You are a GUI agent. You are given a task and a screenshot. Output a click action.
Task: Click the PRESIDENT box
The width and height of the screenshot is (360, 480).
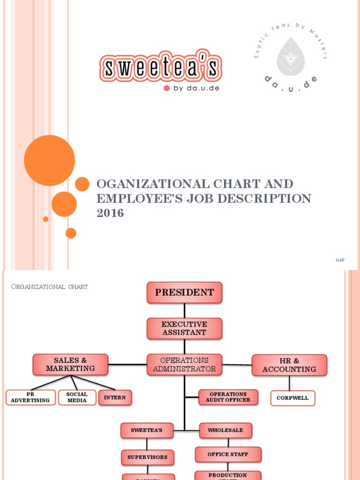click(x=184, y=292)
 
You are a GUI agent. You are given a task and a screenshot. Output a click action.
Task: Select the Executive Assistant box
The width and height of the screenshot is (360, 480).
click(x=184, y=328)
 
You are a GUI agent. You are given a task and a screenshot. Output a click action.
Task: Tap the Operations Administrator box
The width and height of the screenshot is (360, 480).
click(x=184, y=365)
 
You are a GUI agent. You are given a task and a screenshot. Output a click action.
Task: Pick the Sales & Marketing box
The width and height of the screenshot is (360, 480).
click(x=70, y=365)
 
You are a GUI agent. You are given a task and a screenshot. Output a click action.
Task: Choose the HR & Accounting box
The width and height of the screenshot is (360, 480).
click(x=289, y=365)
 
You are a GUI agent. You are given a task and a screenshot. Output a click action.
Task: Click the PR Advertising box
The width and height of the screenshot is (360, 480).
click(x=30, y=397)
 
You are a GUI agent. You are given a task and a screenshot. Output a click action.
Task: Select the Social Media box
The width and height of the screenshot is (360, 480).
click(x=77, y=397)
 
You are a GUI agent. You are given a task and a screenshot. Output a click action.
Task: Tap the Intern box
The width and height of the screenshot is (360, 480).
click(x=115, y=397)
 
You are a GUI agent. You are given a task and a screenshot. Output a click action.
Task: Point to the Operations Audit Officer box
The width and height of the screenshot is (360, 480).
click(x=228, y=397)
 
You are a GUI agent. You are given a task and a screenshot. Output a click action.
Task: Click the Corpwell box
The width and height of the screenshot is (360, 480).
click(x=292, y=398)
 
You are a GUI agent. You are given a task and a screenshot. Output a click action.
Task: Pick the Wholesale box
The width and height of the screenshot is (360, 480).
click(x=225, y=430)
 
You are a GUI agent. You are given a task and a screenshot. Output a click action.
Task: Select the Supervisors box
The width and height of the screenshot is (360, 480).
click(x=147, y=457)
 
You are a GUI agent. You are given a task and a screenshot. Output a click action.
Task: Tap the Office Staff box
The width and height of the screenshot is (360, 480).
click(x=228, y=454)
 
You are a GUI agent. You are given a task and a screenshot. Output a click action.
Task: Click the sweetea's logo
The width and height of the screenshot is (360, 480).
click(x=160, y=68)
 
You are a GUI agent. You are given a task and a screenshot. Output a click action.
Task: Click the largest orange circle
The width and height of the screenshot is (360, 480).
click(x=49, y=160)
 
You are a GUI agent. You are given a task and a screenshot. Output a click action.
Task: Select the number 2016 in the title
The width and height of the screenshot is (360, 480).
click(x=110, y=213)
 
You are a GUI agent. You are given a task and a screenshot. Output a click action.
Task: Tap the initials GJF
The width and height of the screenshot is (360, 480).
click(x=340, y=260)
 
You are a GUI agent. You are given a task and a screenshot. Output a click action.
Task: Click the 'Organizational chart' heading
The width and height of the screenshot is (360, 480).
click(x=49, y=286)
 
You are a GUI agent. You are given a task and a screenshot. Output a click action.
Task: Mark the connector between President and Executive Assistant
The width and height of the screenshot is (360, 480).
click(x=184, y=310)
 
